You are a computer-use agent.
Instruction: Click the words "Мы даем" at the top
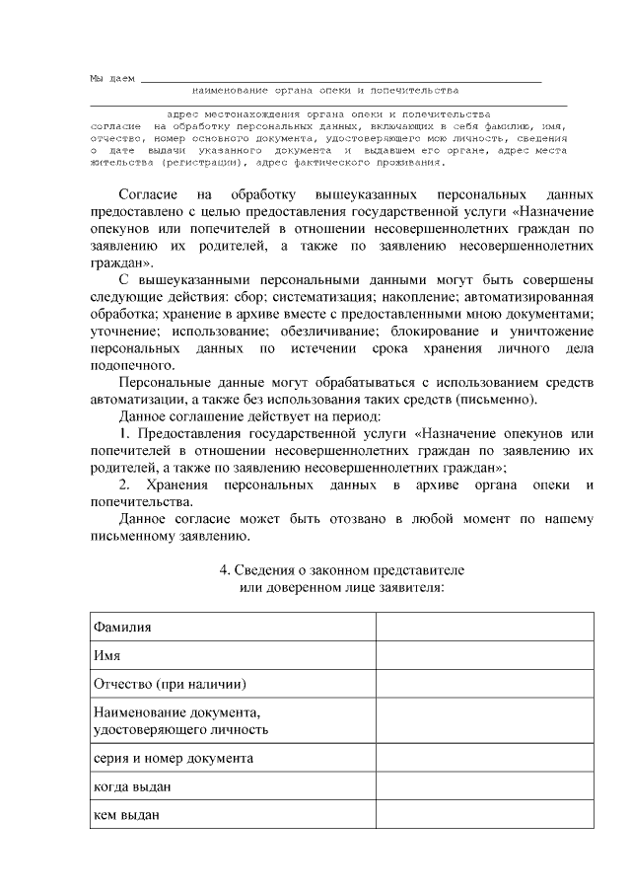111,77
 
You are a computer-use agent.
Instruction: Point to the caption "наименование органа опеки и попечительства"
325,90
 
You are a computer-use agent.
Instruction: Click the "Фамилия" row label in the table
122,628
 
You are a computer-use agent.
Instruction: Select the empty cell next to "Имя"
484,656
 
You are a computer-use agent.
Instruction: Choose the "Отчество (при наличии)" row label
169,684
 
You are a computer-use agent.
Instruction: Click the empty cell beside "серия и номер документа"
484,759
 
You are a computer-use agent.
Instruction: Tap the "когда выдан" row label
133,786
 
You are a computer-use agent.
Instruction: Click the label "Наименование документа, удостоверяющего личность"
180,721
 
